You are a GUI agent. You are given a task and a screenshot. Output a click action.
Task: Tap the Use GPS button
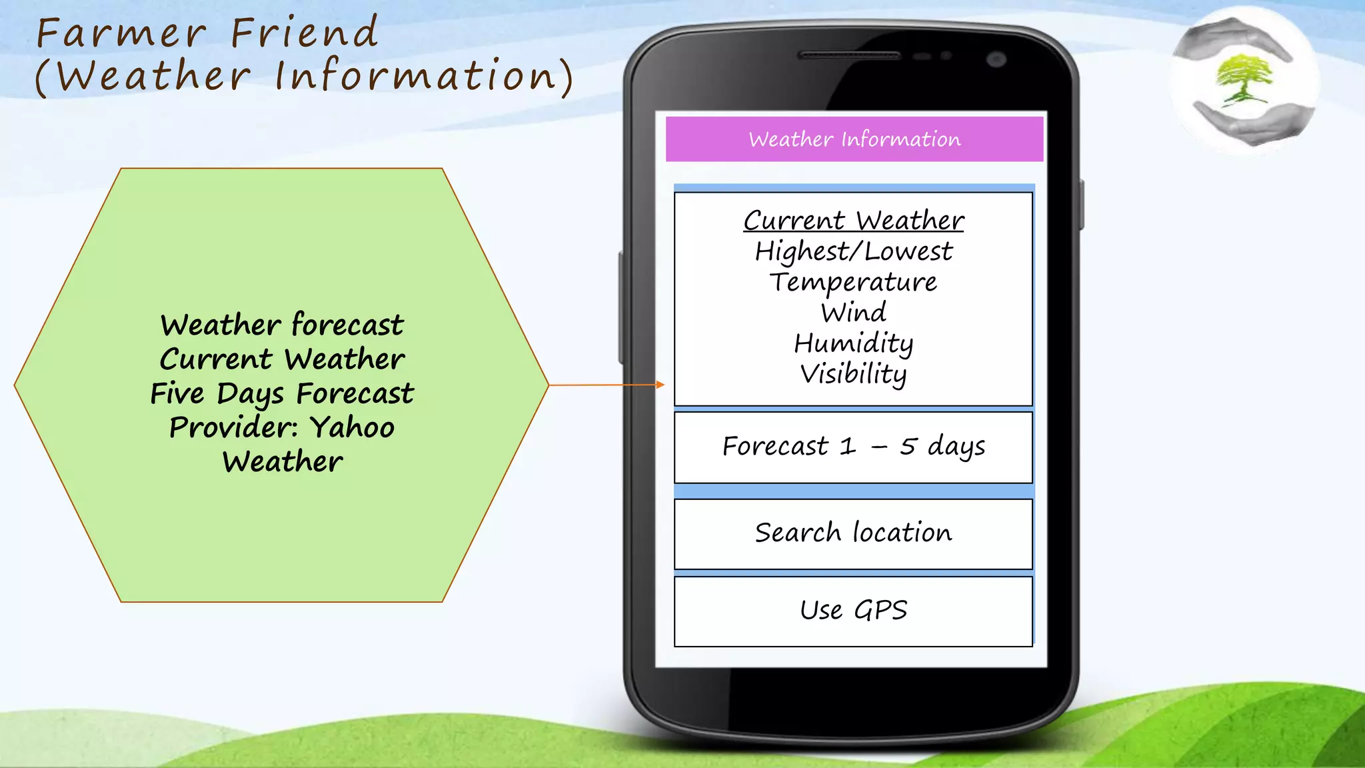[853, 611]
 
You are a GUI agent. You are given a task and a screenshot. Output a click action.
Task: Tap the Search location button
[853, 533]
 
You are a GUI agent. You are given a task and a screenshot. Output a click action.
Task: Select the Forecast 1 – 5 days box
[853, 447]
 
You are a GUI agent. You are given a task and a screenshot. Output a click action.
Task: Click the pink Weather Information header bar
[854, 139]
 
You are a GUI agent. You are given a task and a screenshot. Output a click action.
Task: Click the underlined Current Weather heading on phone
[853, 221]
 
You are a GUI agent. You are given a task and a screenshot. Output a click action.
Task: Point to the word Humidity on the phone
[853, 343]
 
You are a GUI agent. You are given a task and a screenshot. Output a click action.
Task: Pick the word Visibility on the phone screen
[853, 374]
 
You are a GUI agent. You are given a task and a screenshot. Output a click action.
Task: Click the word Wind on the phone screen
[853, 312]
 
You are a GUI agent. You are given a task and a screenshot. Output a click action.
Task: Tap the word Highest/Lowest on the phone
[853, 251]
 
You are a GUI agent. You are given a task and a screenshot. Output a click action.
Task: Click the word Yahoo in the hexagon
[353, 427]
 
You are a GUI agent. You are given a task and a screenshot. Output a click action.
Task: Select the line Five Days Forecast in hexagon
[281, 393]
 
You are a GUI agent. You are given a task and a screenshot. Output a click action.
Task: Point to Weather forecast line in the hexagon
[281, 325]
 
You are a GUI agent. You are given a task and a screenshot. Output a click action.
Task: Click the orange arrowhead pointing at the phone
[660, 385]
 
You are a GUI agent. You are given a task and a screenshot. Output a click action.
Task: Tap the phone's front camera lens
[996, 59]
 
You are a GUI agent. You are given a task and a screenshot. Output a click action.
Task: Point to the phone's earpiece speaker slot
[849, 55]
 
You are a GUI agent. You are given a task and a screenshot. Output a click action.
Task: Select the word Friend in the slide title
[305, 33]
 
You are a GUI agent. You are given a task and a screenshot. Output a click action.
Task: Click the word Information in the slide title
[415, 75]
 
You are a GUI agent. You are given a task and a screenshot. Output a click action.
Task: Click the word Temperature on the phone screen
[853, 282]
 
